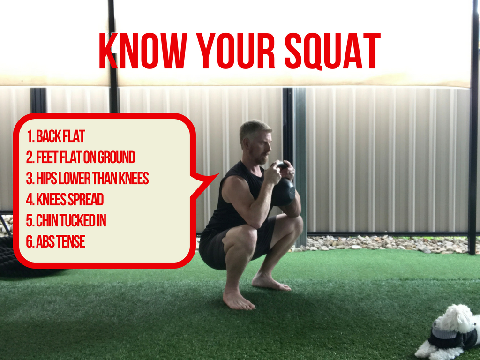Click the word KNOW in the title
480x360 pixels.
tap(143, 51)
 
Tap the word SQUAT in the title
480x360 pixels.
tap(333, 51)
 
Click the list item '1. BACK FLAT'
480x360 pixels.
tap(56, 136)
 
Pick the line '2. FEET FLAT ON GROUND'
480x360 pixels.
tap(81, 157)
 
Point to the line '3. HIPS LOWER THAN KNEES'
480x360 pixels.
tap(88, 179)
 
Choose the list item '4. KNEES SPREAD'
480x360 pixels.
tap(65, 200)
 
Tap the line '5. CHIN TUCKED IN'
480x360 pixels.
tap(66, 221)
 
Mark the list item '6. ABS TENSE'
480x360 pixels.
tap(56, 242)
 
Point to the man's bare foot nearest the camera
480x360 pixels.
tap(238, 300)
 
